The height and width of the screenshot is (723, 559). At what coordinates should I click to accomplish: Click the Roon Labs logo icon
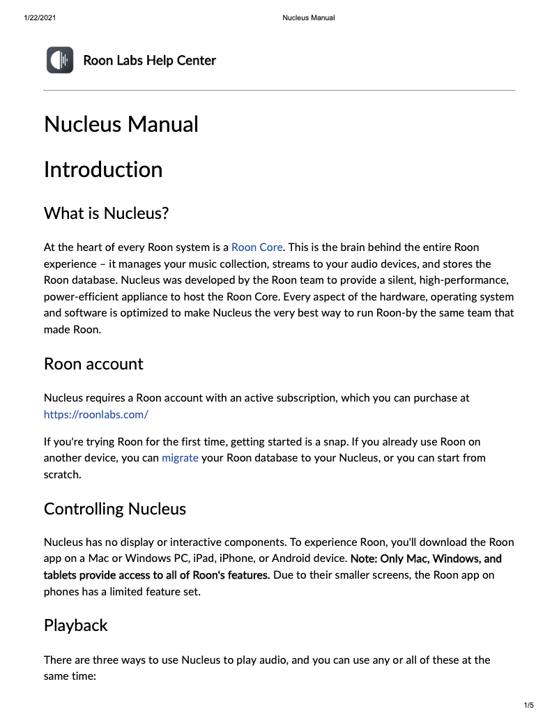[60, 60]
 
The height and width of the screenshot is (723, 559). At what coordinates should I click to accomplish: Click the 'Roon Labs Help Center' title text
[149, 61]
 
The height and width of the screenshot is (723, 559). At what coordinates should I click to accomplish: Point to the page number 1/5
[529, 706]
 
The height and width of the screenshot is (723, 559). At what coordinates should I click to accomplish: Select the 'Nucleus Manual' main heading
[121, 124]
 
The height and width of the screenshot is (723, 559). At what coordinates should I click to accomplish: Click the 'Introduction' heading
[102, 169]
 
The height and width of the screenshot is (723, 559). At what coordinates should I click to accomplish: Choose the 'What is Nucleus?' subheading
[106, 213]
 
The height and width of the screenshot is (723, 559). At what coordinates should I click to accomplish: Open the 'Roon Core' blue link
[256, 248]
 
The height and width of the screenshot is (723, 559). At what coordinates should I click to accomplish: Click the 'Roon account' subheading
[93, 364]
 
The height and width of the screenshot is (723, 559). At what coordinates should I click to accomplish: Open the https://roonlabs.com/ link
[95, 414]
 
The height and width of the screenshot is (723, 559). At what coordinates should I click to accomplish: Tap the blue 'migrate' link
[180, 458]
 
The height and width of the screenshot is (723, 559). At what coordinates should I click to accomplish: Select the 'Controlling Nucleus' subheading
[114, 509]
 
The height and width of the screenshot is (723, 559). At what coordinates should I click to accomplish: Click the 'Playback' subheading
[75, 625]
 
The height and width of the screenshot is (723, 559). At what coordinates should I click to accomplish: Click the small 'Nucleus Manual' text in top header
[308, 17]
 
